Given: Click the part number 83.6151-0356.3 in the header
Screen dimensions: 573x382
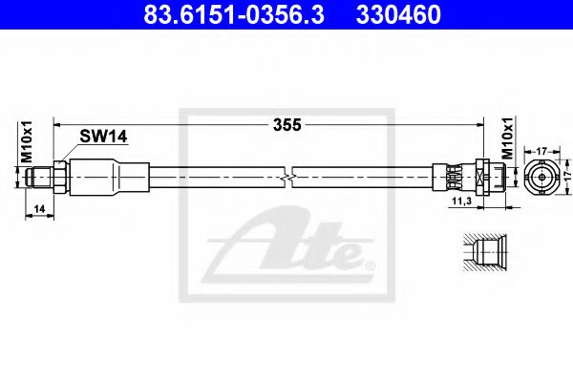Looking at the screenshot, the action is coord(234,15).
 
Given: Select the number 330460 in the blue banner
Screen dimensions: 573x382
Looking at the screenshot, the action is coord(398,15).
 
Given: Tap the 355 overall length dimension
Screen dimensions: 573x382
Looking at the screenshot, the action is coord(287,125).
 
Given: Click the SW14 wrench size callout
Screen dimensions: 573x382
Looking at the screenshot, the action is coord(103,137).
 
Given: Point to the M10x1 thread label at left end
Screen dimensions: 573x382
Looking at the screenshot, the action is coord(27,142).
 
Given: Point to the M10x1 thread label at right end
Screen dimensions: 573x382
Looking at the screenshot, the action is coord(507,138).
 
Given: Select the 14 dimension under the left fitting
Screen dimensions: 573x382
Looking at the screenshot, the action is coord(39,209).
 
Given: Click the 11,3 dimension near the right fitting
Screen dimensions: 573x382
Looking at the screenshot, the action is coord(461,201).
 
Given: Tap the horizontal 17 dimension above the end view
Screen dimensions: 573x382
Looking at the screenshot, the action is coord(541,150).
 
